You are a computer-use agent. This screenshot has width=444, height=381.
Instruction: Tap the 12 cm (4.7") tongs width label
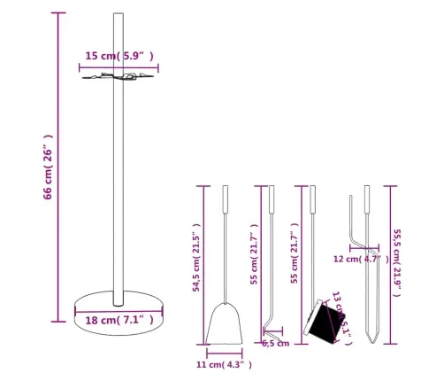(x=359, y=260)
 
